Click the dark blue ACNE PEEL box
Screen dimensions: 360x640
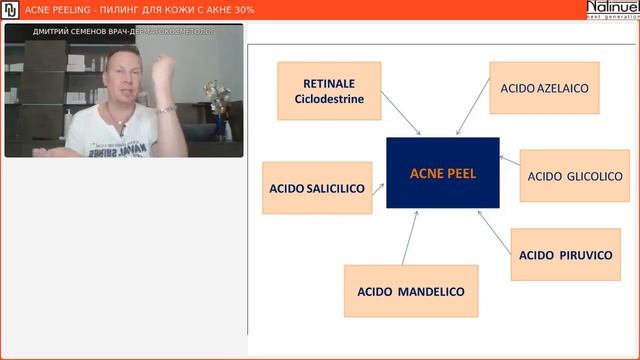pyautogui.click(x=443, y=173)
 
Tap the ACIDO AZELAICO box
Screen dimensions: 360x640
pyautogui.click(x=544, y=88)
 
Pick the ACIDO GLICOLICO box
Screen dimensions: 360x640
pyautogui.click(x=575, y=176)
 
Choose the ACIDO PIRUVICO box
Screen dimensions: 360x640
pyautogui.click(x=565, y=254)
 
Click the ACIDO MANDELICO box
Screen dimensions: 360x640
pyautogui.click(x=411, y=291)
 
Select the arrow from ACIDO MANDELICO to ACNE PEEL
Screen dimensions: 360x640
pyautogui.click(x=410, y=237)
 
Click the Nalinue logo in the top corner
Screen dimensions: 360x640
pyautogui.click(x=612, y=9)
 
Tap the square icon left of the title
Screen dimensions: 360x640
pyautogui.click(x=9, y=9)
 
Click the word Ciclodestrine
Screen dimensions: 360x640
pyautogui.click(x=329, y=99)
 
